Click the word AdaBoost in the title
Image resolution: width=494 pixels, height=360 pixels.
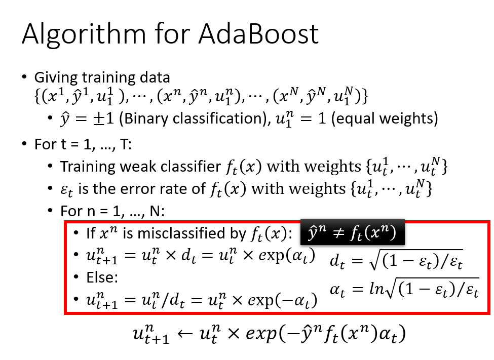pyautogui.click(x=258, y=34)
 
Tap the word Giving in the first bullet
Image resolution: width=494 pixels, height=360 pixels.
pyautogui.click(x=56, y=78)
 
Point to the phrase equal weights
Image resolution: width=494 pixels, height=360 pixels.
pyautogui.click(x=385, y=119)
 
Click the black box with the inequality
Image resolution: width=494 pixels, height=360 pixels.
pyautogui.click(x=352, y=232)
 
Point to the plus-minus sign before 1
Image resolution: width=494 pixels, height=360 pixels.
pyautogui.click(x=98, y=119)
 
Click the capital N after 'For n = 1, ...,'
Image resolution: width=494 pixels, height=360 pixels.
pyautogui.click(x=155, y=211)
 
